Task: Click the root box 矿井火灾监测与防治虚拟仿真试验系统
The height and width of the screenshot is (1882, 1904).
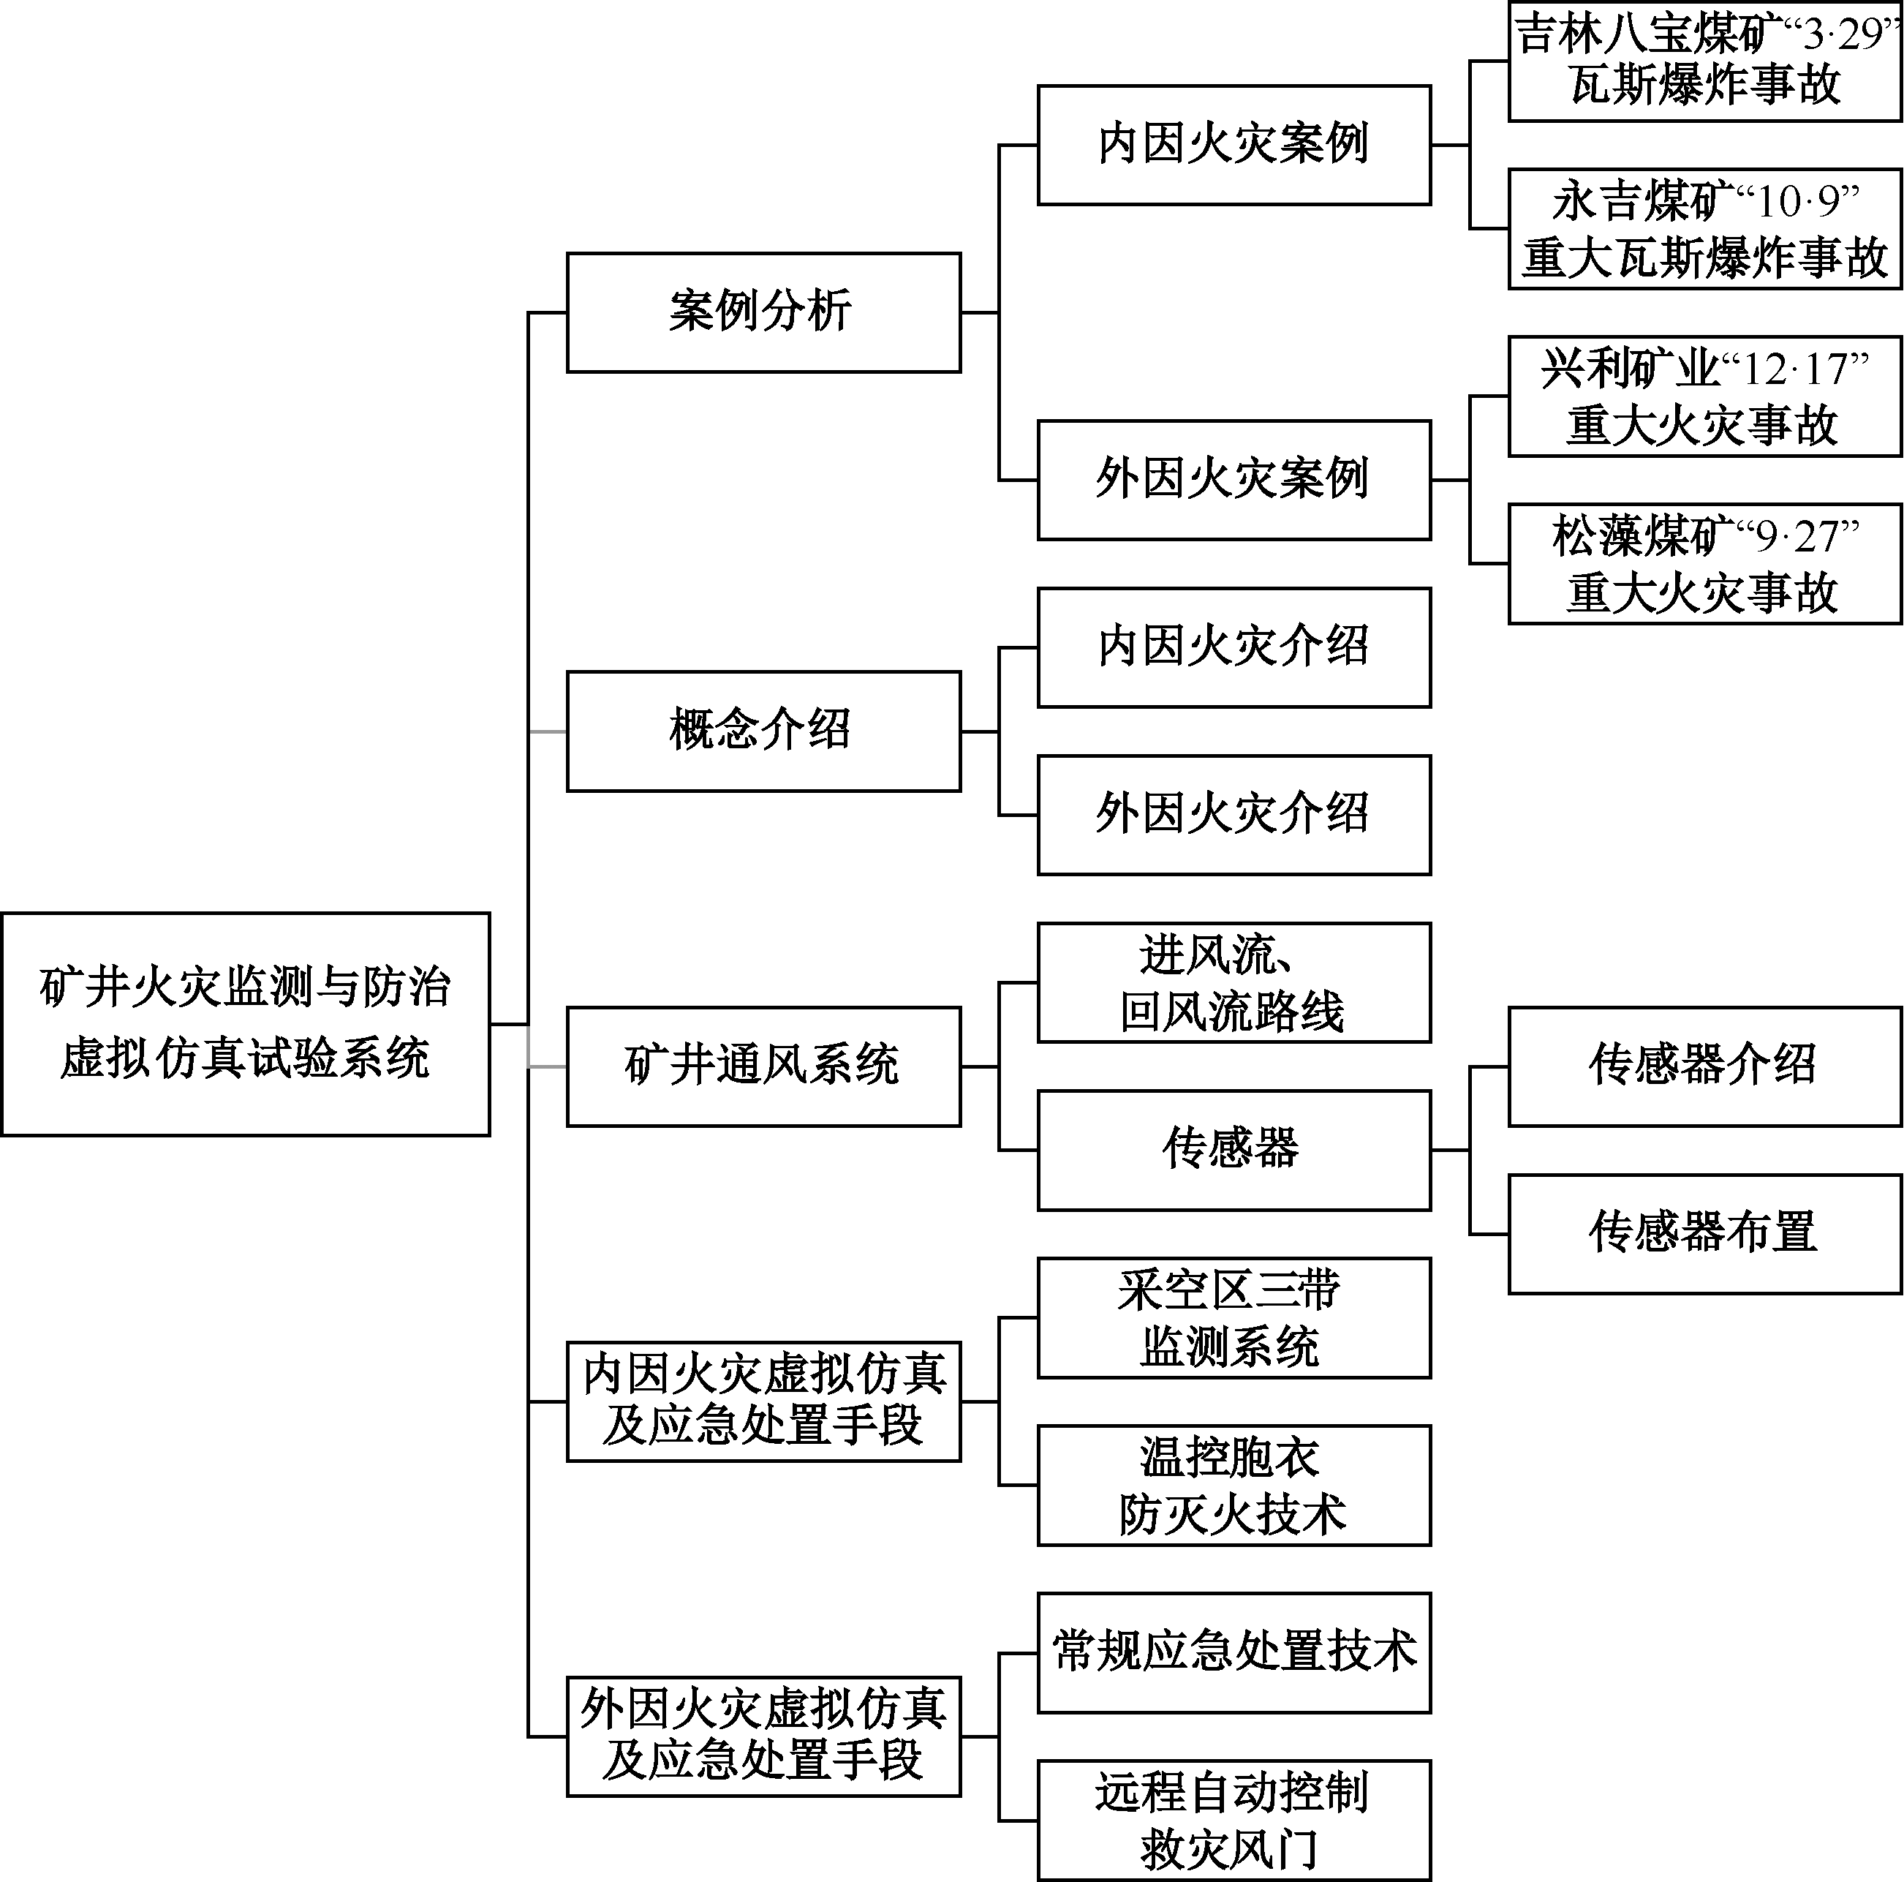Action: (x=246, y=1023)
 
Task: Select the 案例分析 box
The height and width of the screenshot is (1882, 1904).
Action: (x=764, y=312)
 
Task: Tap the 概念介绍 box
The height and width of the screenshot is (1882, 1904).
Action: (x=764, y=731)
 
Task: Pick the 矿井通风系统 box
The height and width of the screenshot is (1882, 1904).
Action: (x=764, y=1066)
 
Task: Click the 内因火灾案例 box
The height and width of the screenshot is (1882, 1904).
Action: (x=1234, y=145)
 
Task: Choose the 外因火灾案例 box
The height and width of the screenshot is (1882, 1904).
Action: (x=1234, y=480)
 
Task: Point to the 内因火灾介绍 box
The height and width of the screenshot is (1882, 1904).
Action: (x=1234, y=648)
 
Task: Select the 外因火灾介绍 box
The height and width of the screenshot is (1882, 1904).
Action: (x=1234, y=816)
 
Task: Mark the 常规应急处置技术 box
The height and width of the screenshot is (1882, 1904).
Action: (x=1234, y=1652)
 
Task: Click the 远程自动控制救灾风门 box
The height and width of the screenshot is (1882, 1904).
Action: (x=1234, y=1820)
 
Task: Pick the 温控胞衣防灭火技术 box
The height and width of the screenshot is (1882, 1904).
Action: (x=1234, y=1485)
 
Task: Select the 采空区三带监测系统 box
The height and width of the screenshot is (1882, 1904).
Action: (x=1234, y=1317)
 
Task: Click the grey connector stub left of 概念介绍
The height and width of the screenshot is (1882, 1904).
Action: (x=548, y=731)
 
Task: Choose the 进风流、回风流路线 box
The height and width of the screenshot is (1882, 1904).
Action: (x=1234, y=983)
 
